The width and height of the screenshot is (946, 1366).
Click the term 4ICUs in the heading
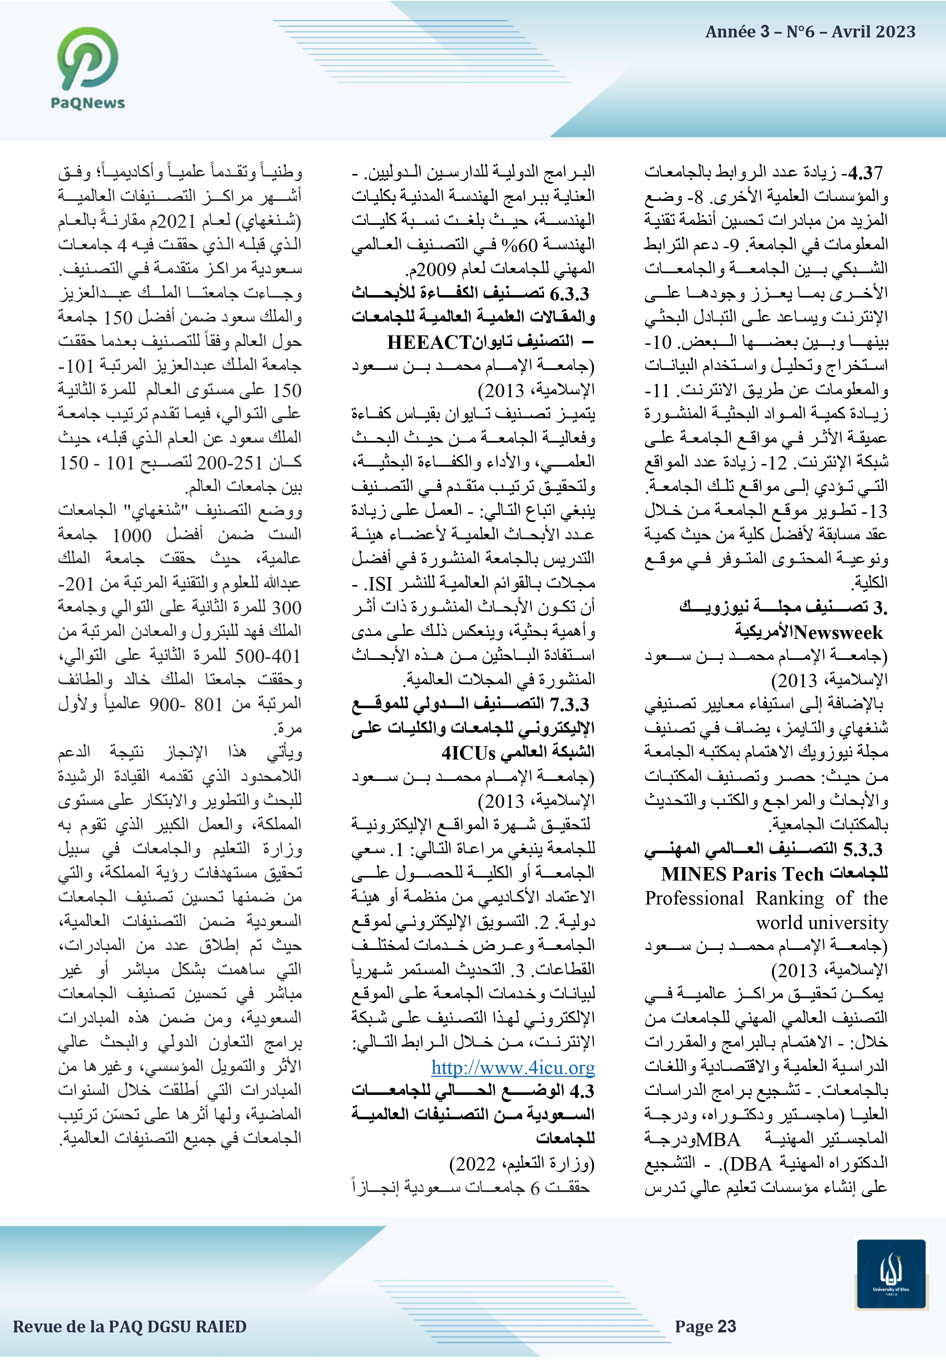pyautogui.click(x=468, y=753)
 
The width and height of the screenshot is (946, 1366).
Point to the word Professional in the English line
pyautogui.click(x=694, y=898)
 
